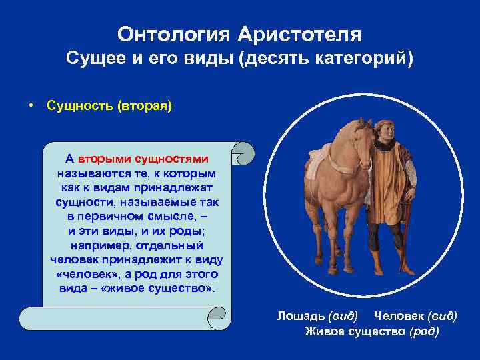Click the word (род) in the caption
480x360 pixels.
point(424,331)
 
